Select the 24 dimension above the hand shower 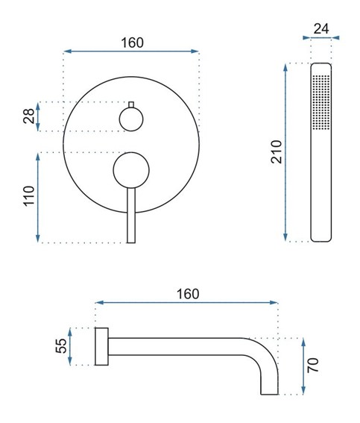tap(322, 29)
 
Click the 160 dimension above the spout tap(188, 292)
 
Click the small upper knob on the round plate tap(131, 118)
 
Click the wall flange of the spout tap(102, 346)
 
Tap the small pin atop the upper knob tap(131, 103)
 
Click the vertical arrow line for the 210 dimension tap(286, 153)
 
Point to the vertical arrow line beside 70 tap(304, 366)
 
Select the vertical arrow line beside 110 tap(39, 198)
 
